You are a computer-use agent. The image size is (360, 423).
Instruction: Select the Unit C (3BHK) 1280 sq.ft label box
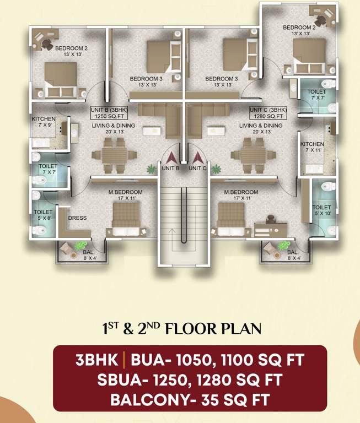click(x=268, y=113)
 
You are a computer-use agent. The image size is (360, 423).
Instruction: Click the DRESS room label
click(x=77, y=218)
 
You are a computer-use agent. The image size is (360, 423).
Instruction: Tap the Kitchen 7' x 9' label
click(x=42, y=122)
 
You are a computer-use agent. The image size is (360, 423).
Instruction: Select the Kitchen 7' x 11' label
click(x=312, y=147)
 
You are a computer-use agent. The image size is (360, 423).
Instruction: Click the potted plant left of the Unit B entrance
click(x=150, y=169)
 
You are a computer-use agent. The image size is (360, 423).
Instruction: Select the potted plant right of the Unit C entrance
click(x=215, y=169)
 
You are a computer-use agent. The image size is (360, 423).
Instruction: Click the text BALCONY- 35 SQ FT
click(x=190, y=399)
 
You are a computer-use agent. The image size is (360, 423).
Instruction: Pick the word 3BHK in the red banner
click(x=97, y=361)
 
